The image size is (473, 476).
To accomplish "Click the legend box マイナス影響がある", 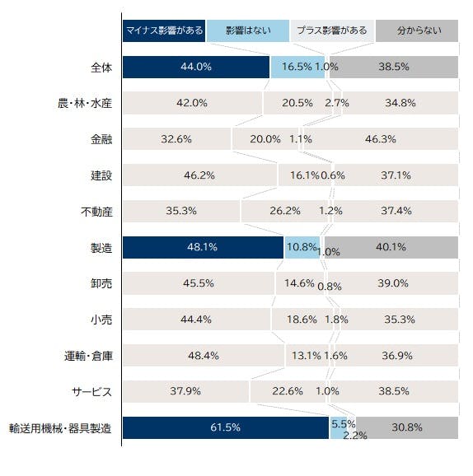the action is click(x=164, y=30).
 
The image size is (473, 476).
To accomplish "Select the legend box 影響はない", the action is click(x=248, y=30).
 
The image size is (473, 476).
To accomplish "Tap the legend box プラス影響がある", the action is click(x=332, y=30).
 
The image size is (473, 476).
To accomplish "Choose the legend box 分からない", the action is click(x=417, y=30).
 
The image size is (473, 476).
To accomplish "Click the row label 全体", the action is click(x=101, y=67).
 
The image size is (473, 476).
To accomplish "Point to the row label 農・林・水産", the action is click(x=85, y=103).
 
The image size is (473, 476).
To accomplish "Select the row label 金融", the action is click(x=101, y=139).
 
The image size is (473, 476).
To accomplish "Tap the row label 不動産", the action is click(x=96, y=212).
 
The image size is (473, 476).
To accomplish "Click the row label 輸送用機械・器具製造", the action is click(x=60, y=428).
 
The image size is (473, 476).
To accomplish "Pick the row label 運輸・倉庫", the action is click(x=88, y=356).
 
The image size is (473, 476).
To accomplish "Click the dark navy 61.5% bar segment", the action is click(x=226, y=427).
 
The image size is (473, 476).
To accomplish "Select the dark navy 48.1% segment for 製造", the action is click(x=203, y=247).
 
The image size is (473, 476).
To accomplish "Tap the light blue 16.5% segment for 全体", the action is click(x=297, y=67).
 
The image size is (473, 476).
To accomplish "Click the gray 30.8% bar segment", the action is click(x=407, y=427).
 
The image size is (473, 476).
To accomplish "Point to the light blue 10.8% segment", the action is click(x=302, y=247).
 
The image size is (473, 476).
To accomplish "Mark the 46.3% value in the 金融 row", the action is click(x=381, y=139).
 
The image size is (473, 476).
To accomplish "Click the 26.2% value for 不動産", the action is click(x=285, y=211).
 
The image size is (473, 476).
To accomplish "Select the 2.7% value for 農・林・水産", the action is click(x=336, y=103).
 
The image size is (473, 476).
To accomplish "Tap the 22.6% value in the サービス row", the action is click(x=288, y=391).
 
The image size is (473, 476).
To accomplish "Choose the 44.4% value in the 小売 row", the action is click(x=196, y=320).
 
